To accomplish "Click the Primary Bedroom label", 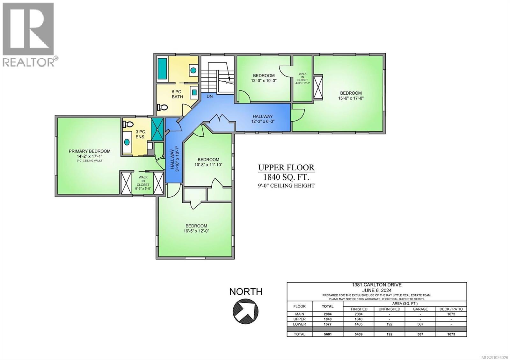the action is point(90,151).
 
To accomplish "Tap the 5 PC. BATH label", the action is point(177,94).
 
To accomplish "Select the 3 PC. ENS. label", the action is point(141,134).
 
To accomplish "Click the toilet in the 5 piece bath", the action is point(162,107).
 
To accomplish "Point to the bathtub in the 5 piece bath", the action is point(162,69).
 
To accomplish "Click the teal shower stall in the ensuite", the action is point(157,129).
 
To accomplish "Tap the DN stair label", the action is point(209,97).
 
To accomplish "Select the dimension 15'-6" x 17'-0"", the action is point(351,98).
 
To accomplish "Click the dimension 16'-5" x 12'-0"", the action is point(196,231).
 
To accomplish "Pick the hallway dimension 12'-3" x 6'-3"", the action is point(263,121).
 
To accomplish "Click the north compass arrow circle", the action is point(245,311).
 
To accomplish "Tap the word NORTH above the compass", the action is point(246,292).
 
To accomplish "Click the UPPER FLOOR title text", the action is point(286,168).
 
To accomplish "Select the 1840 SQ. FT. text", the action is point(286,177).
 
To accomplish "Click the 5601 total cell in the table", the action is point(327,334).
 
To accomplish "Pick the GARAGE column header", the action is point(420,309).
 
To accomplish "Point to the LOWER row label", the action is point(299,324).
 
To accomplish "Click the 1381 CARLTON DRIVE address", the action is point(376,285).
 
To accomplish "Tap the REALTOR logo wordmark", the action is point(28,62).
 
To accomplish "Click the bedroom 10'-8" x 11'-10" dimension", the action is point(208,165).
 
